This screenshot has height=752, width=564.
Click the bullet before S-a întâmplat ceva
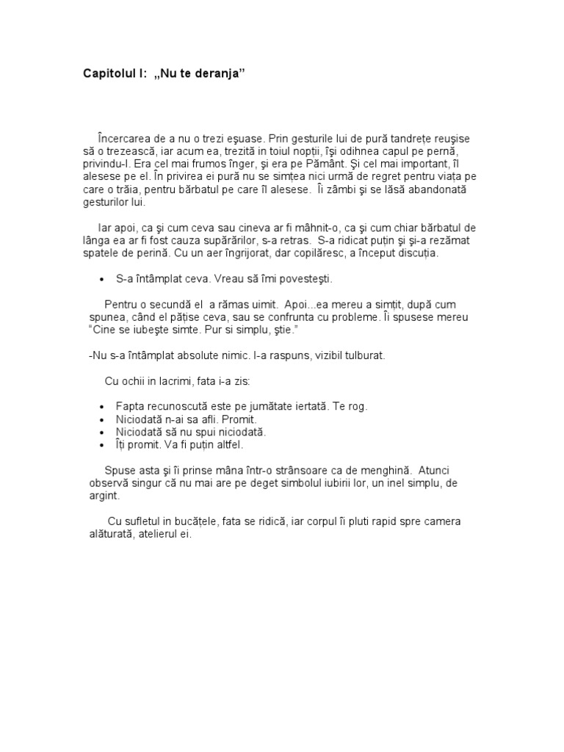(100, 280)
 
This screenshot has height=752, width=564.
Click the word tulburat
(358, 355)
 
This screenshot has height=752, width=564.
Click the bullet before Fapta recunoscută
(100, 407)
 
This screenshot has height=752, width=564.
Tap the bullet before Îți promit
(100, 445)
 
